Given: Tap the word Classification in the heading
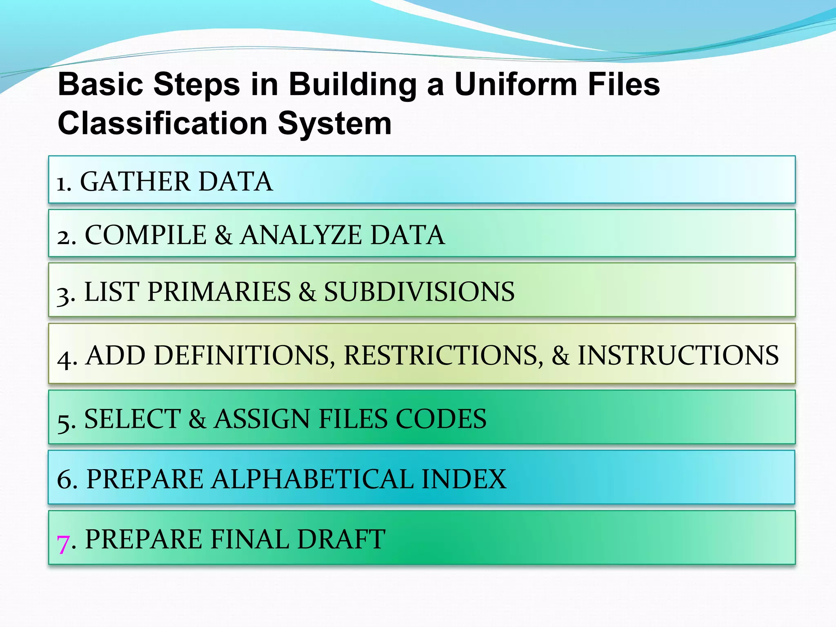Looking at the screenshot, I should point(162,123).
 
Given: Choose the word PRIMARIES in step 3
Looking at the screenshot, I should point(219,292).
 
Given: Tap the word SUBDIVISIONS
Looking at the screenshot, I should point(419,292).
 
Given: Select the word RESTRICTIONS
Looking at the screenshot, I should point(443,355).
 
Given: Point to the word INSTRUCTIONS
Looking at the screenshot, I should point(678,355).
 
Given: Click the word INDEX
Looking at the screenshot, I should point(464,479).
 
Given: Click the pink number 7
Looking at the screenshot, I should point(63,543).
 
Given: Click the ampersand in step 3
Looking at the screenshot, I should point(307,292).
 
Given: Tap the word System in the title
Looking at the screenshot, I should point(335,123).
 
